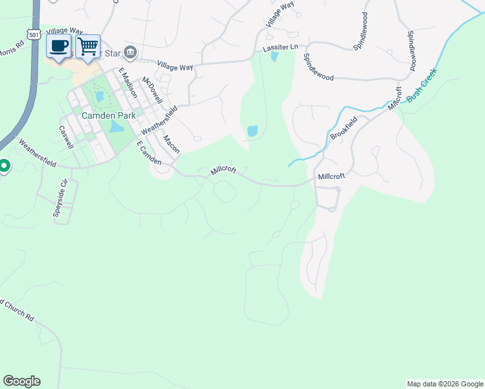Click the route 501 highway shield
pos(34,32)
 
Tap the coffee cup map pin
pos(59,47)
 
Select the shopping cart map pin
pos(88,47)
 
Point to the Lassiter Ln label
pos(280,47)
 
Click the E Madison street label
pos(128,82)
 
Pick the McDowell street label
pos(152,91)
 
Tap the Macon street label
pos(171,144)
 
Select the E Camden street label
pos(148,154)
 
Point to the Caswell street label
pos(67,136)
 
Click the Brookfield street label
pos(344,127)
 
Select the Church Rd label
pos(17,310)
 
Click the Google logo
pos(21,381)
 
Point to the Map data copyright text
pos(444,384)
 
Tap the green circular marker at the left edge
pos(3,167)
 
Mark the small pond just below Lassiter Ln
pos(274,57)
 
